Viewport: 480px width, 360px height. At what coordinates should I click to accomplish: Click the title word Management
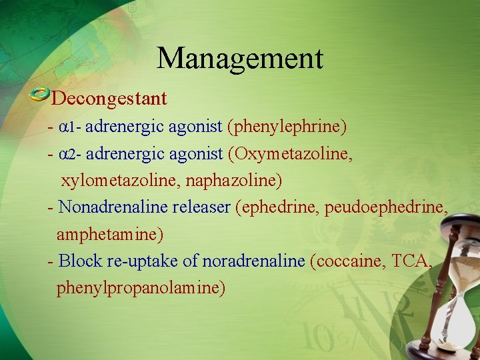(x=240, y=58)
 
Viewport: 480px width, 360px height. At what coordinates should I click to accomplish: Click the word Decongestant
(x=109, y=99)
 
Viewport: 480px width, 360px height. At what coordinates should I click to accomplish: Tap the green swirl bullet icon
(x=40, y=95)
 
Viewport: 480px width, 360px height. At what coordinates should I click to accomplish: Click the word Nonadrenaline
(x=113, y=207)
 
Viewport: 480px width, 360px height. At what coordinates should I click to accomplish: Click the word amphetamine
(x=110, y=235)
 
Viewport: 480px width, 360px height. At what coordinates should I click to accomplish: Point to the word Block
(x=79, y=261)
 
